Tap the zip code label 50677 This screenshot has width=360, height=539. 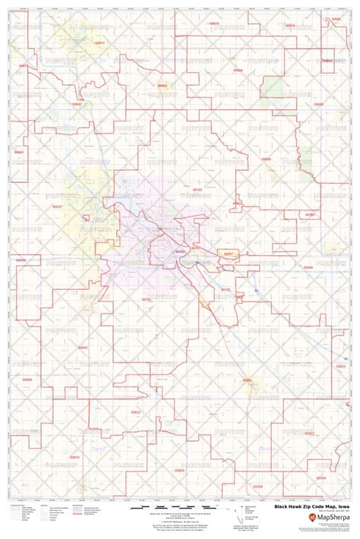tap(99, 43)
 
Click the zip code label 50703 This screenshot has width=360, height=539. tap(197, 191)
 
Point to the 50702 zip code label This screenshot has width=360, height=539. tap(179, 251)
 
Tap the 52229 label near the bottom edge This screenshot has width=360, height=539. tap(257, 486)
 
